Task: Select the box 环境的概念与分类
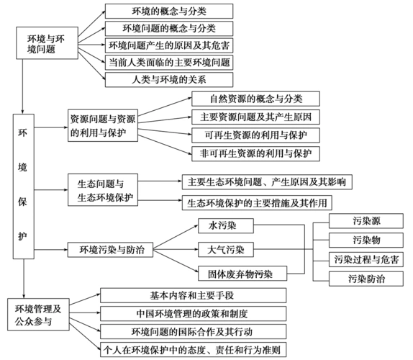[169, 12]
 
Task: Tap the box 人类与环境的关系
[169, 80]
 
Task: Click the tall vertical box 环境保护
[23, 184]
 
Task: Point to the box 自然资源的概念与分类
[255, 99]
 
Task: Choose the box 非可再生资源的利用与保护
[255, 153]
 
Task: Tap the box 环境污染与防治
[106, 251]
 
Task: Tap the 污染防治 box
[366, 279]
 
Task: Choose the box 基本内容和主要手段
[193, 294]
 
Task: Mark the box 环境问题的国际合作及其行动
[193, 332]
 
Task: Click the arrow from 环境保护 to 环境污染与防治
[50, 251]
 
